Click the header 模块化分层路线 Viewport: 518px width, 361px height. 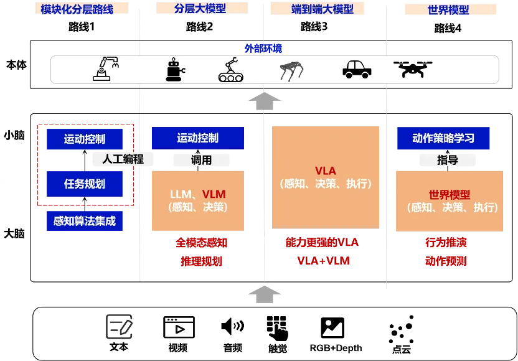click(77, 9)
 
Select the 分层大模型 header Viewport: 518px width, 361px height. click(200, 8)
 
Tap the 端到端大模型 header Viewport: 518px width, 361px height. click(322, 9)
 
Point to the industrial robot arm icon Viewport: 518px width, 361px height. click(106, 68)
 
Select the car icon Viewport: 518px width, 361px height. click(357, 68)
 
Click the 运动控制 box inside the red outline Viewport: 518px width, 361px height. click(85, 139)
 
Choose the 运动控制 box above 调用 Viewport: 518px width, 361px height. click(197, 138)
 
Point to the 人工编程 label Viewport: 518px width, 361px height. click(123, 159)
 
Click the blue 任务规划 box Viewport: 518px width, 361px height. click(85, 184)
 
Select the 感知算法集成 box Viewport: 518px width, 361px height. click(85, 221)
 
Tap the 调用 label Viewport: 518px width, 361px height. click(201, 160)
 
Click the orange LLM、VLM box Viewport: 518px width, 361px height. click(197, 200)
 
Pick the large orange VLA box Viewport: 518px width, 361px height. click(325, 177)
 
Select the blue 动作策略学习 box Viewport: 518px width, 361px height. click(443, 138)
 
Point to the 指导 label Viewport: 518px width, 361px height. click(448, 160)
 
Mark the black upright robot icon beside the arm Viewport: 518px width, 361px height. click(175, 70)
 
